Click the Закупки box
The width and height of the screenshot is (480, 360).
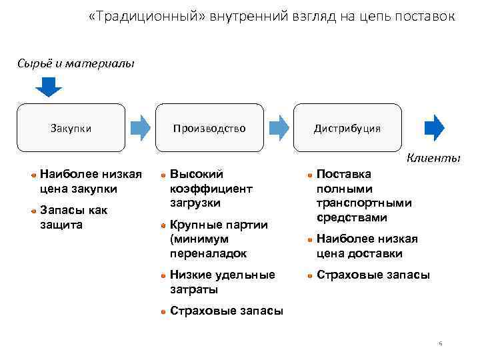tap(71, 127)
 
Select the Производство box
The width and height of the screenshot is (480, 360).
tap(209, 127)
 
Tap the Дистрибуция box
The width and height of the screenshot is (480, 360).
tap(347, 127)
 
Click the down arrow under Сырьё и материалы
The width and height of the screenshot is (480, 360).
tap(48, 87)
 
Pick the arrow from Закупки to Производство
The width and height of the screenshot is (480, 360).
tap(141, 127)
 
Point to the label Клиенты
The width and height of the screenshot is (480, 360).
tap(433, 158)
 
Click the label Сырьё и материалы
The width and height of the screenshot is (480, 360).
tap(76, 64)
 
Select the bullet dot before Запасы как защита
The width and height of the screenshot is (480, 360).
tap(33, 211)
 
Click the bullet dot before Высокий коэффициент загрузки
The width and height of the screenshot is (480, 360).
tap(163, 175)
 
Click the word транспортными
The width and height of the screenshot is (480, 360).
tap(364, 203)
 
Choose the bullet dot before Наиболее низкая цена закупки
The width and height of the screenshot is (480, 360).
tap(33, 175)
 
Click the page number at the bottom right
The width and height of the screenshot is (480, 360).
tap(441, 344)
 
